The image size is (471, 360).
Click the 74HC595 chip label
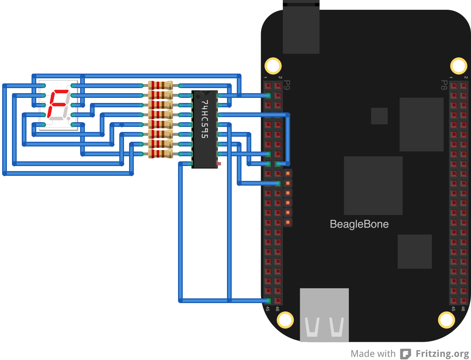pos(205,119)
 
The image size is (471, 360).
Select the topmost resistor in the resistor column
pos(160,86)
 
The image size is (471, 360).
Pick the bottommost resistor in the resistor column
pos(160,154)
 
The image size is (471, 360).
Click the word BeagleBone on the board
pos(359,224)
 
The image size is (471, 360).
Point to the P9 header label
pos(286,85)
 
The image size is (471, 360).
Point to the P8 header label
pos(443,85)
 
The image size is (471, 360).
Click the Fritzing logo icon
pos(405,353)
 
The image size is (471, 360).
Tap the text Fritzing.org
pos(442,353)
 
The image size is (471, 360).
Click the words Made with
pos(373,353)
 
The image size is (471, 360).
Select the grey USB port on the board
pos(324,315)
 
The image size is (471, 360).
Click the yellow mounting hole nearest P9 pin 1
pos(273,66)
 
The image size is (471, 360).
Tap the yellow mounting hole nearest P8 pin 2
pos(459,66)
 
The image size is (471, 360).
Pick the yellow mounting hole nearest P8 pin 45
pos(446,320)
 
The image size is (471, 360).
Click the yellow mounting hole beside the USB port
pos(285,320)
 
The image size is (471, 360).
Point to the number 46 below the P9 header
pos(277,309)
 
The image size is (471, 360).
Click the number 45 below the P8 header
pos(453,309)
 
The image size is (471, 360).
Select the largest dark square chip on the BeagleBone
pos(373,186)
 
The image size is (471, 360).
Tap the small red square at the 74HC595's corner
pos(219,164)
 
